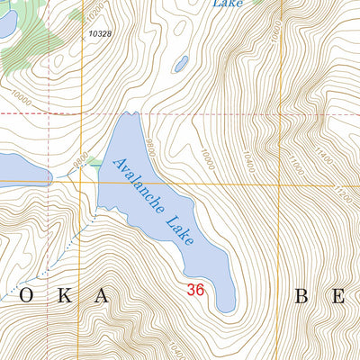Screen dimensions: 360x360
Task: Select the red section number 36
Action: point(196,290)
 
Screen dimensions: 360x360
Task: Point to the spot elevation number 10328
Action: point(100,34)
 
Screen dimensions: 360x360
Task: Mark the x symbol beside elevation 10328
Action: point(83,32)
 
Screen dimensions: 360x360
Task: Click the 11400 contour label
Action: point(325,164)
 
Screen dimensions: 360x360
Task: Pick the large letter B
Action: point(302,295)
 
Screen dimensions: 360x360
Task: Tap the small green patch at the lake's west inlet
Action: point(94,166)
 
